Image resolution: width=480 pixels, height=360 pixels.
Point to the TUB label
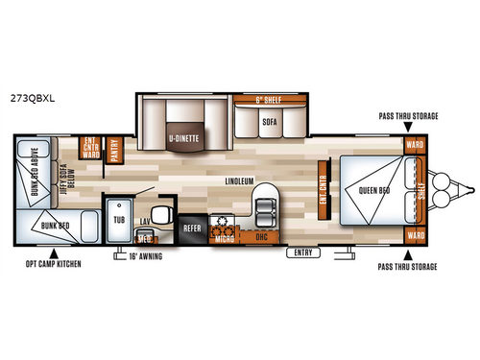point(119,219)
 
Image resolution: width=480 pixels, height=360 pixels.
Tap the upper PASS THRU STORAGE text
point(420,115)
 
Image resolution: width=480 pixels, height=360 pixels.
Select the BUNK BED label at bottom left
point(48,227)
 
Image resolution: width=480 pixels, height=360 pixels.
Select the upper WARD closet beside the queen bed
point(415,146)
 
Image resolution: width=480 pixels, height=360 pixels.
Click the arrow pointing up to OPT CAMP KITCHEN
point(22,252)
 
